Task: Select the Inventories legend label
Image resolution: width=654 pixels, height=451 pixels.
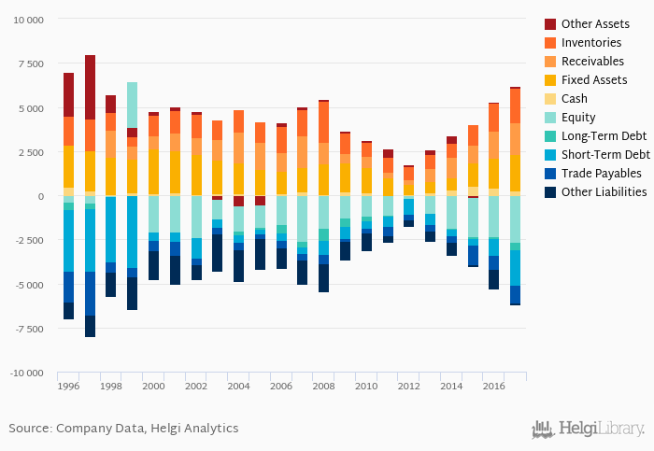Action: [x=591, y=42]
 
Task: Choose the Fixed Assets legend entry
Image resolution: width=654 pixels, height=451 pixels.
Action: [x=594, y=79]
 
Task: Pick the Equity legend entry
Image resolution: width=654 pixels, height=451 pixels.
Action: [x=579, y=117]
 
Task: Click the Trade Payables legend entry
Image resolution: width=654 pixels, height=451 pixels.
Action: [x=601, y=173]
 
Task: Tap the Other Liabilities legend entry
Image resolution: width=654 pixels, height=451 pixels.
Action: [x=603, y=191]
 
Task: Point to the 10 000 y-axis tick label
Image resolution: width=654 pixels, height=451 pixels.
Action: [x=26, y=20]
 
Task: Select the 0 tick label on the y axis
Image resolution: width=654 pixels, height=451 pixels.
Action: [x=40, y=196]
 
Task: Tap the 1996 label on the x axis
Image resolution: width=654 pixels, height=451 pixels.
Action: [x=68, y=386]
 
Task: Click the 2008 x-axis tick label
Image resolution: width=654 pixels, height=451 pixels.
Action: [x=322, y=386]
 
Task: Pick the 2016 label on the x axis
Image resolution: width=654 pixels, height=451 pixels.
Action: [x=492, y=386]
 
